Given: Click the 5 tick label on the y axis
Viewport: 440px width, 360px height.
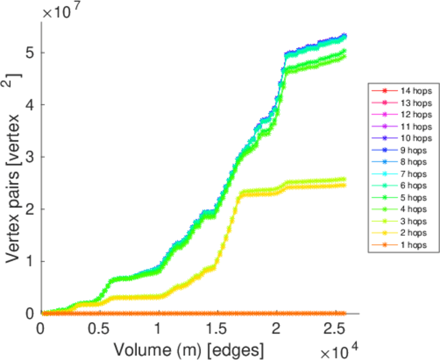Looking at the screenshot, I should (x=29, y=53).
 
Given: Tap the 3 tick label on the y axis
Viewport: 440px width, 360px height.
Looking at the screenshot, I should (x=29, y=157).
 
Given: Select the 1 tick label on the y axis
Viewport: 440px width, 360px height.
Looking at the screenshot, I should (x=29, y=262).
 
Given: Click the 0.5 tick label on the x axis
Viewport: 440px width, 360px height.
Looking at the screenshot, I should (x=99, y=330).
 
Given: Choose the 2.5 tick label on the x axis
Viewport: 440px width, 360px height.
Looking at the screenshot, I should (x=334, y=330).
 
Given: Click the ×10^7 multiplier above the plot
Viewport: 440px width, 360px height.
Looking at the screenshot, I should (x=63, y=11).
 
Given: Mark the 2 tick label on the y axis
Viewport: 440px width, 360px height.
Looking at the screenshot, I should (x=29, y=209).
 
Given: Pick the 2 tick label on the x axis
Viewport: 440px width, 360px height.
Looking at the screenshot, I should (x=275, y=330).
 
